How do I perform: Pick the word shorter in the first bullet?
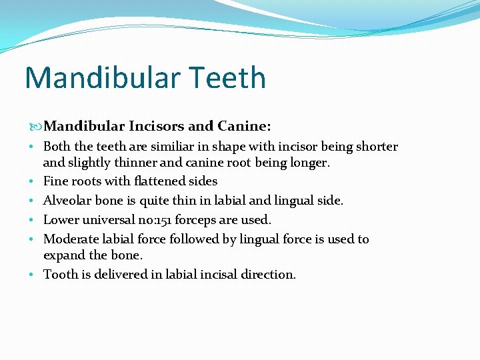(375, 147)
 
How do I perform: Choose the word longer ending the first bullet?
(310, 162)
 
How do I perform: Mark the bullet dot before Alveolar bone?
(33, 201)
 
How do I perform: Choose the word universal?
(106, 219)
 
